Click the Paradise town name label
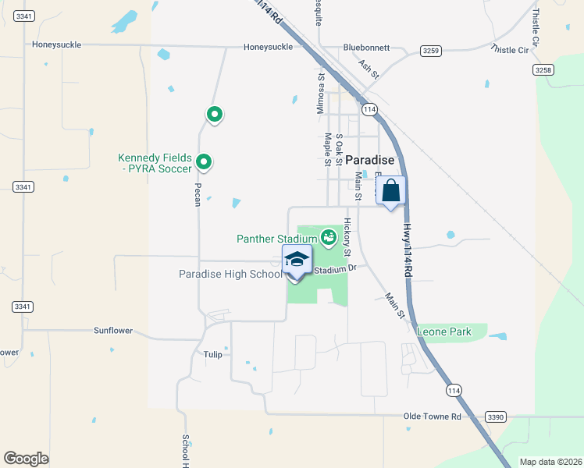369,159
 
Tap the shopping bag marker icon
391,190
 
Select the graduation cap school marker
297,259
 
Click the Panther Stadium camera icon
329,236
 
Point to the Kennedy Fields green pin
204,162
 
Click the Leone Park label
444,331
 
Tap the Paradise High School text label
230,274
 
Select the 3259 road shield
432,51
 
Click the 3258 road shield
543,69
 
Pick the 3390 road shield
495,417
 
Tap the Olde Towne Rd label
432,417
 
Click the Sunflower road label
113,331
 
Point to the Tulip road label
213,354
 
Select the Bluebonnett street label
366,48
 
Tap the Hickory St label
347,237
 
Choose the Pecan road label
198,194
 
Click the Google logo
27,459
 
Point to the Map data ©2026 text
550,462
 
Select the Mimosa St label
321,94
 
